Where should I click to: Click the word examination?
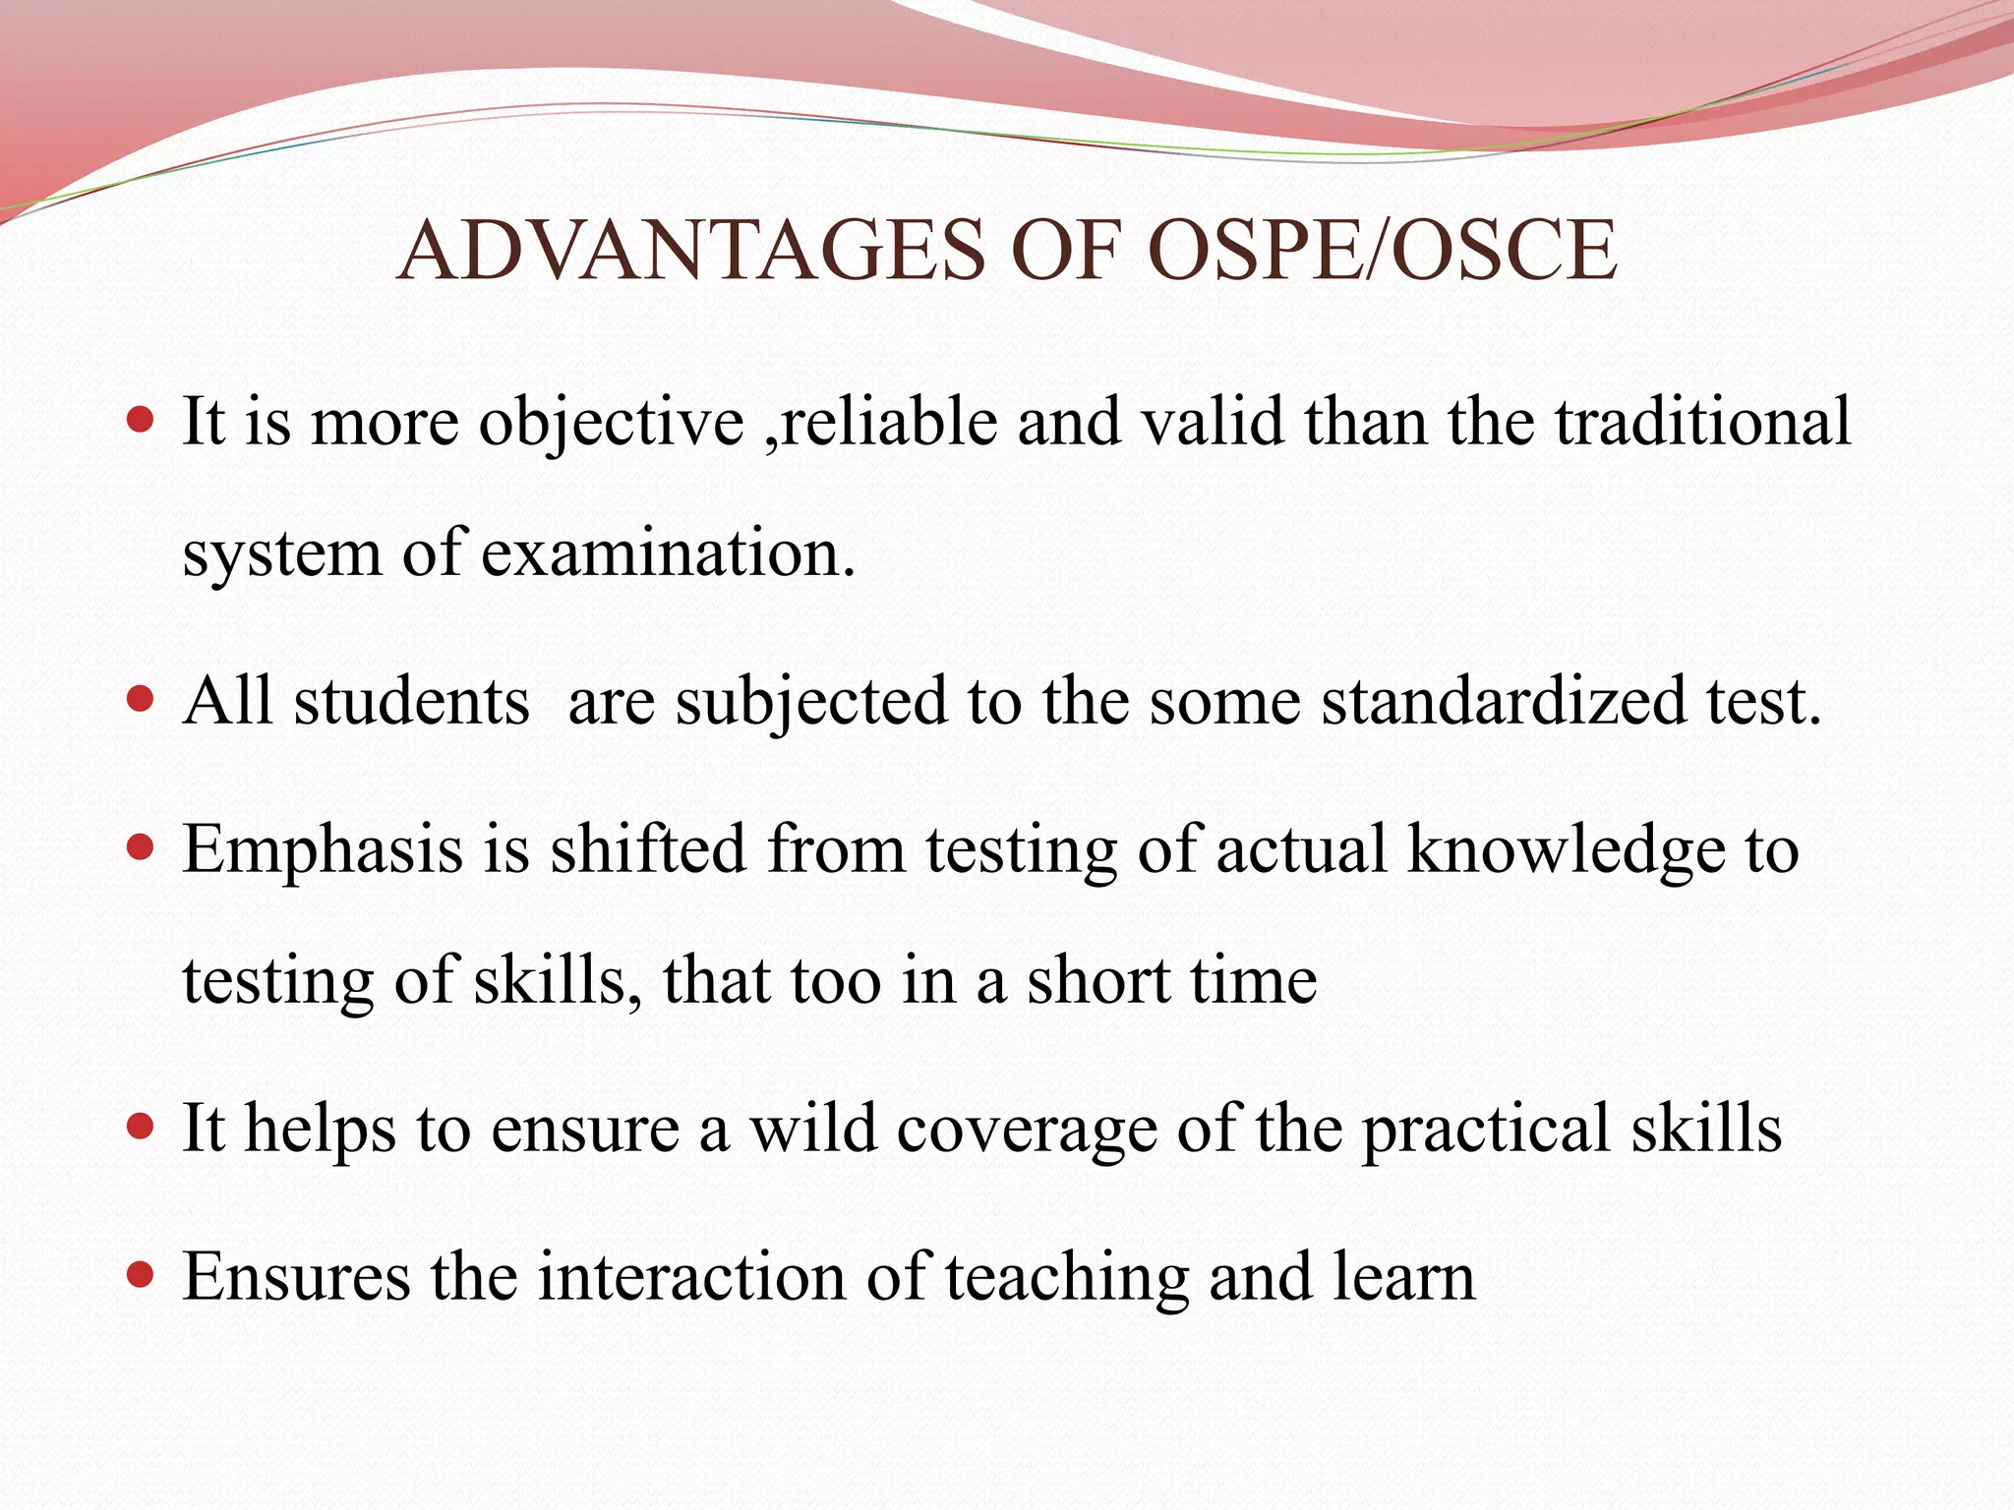point(668,552)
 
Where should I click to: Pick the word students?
point(411,701)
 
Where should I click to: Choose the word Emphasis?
point(323,850)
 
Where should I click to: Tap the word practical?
point(1486,1131)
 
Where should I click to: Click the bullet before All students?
point(142,699)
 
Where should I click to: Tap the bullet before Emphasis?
point(142,846)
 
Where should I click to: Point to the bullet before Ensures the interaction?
point(142,1275)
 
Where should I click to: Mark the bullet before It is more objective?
point(142,420)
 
